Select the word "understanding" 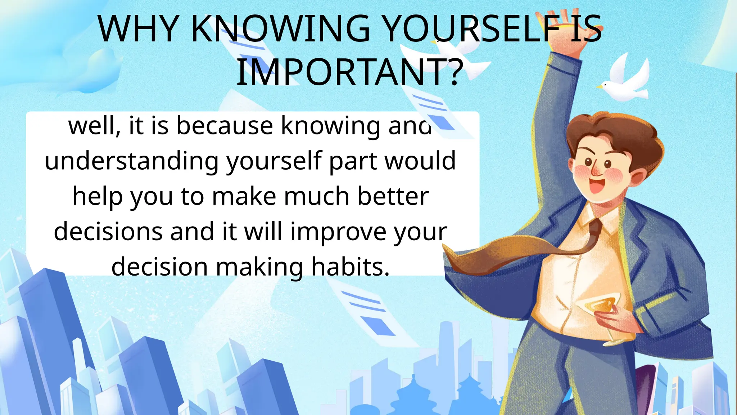131,161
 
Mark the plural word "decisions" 108,231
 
